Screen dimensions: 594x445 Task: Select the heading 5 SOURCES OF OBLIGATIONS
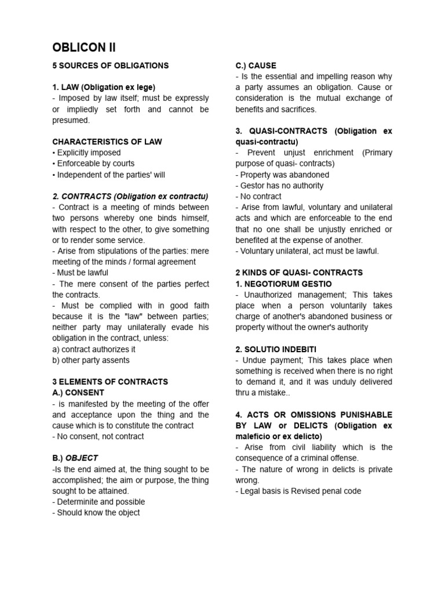tap(110, 66)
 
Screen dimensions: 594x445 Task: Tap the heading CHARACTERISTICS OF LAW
tap(107, 142)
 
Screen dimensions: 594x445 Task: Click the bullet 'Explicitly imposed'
tap(87, 153)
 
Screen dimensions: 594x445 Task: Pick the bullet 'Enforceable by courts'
tap(93, 164)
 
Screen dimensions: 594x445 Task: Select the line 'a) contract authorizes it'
tap(94, 349)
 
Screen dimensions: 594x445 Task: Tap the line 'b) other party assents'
tap(91, 360)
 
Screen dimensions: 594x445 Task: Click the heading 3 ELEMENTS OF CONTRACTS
tap(110, 382)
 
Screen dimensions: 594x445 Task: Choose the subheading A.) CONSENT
tap(78, 393)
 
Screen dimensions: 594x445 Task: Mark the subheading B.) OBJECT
tap(75, 458)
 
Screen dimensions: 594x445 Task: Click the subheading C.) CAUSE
tap(256, 66)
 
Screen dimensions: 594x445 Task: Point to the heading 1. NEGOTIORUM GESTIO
tap(283, 284)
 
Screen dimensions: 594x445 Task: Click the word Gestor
tap(253, 186)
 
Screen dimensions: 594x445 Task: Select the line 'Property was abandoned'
tap(282, 175)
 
